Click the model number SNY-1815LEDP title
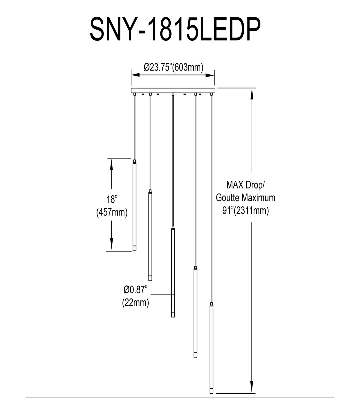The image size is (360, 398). pos(175,30)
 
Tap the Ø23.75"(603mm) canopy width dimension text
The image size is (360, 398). pos(174,67)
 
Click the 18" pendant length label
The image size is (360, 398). pos(111,199)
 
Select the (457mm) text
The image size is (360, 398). pos(112,212)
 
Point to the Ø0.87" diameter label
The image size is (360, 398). pos(136,290)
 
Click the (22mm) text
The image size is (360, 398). pos(136,303)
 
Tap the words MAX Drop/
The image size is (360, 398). pos(246,185)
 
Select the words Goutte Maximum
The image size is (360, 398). pos(246,198)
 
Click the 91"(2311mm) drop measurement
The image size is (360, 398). pos(246,211)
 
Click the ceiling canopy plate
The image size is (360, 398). pos(173,90)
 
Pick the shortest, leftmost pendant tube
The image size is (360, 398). pos(135,205)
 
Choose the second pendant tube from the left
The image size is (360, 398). pos(150,236)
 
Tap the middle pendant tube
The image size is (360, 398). pos(173,272)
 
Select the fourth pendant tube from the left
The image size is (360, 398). pos(195,312)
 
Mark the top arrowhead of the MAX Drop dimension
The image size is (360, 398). pos(252,94)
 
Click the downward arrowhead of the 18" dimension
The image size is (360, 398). pos(111,245)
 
